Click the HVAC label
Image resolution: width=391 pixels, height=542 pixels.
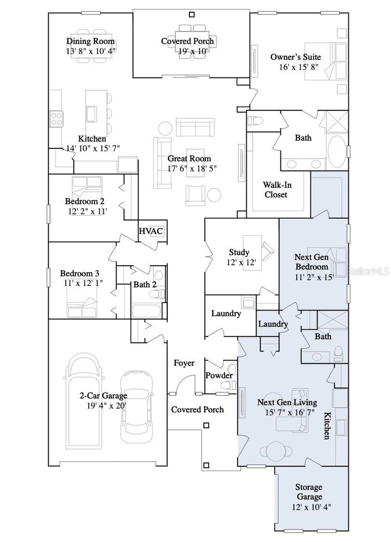coord(150,231)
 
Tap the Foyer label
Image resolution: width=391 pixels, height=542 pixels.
coord(184,363)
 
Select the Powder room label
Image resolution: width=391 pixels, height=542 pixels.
coord(219,375)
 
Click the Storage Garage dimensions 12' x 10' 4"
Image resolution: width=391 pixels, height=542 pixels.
coord(311,507)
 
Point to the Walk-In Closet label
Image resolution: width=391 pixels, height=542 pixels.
coord(277,190)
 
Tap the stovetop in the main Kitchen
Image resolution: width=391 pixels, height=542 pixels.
coord(57,119)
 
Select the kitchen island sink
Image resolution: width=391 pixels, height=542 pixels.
coord(92,113)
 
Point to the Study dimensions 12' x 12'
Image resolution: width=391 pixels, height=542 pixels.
coord(241,262)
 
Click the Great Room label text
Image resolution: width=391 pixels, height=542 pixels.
coord(189,159)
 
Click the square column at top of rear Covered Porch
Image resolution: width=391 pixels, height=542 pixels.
coord(192,14)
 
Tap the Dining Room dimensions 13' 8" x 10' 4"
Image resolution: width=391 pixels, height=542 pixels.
coord(90,51)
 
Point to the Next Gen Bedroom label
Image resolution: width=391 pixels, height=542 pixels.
coord(312,262)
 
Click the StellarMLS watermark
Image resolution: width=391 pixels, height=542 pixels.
coord(367,271)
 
